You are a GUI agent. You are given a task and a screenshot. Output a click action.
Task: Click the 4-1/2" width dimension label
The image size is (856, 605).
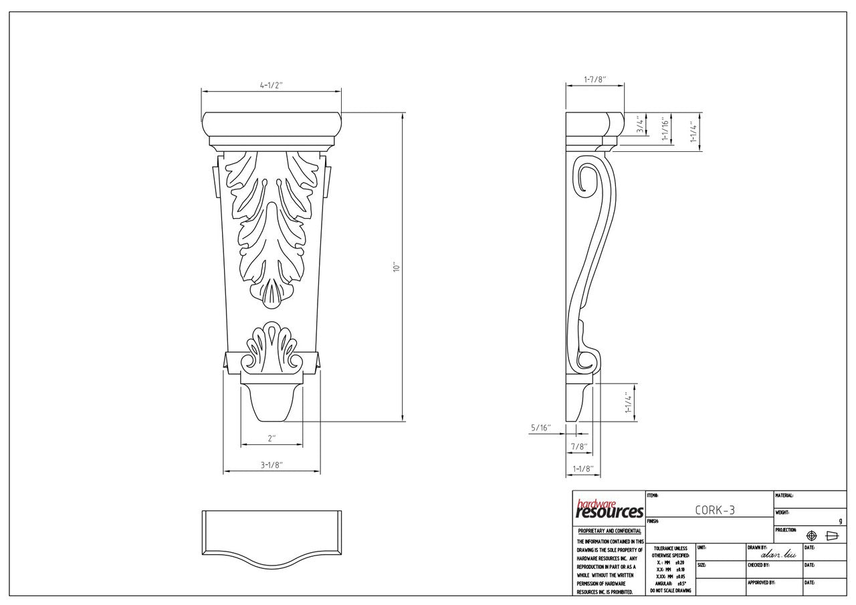272,85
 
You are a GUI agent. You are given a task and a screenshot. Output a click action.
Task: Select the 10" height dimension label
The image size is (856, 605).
396,267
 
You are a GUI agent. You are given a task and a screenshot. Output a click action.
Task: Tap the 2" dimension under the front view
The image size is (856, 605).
272,438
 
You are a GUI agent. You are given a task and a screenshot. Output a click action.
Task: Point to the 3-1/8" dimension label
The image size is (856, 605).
272,465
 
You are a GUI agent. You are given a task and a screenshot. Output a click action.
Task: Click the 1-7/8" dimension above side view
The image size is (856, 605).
595,79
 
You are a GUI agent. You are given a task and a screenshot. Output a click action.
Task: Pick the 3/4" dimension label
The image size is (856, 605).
641,124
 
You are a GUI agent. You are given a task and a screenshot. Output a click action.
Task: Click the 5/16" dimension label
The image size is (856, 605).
540,428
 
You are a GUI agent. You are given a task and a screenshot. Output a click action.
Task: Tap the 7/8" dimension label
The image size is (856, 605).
579,446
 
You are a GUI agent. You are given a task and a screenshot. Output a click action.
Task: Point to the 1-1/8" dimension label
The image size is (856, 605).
582,469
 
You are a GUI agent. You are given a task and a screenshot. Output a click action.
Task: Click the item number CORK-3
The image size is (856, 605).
715,510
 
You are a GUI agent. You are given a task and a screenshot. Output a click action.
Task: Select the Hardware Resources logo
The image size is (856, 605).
609,510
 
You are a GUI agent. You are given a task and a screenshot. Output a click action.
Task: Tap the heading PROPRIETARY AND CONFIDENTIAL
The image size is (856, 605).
609,531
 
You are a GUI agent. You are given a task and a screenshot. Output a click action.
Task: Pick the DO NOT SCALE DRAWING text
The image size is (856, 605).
671,591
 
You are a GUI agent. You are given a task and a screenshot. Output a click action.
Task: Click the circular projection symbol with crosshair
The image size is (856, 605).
812,536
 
